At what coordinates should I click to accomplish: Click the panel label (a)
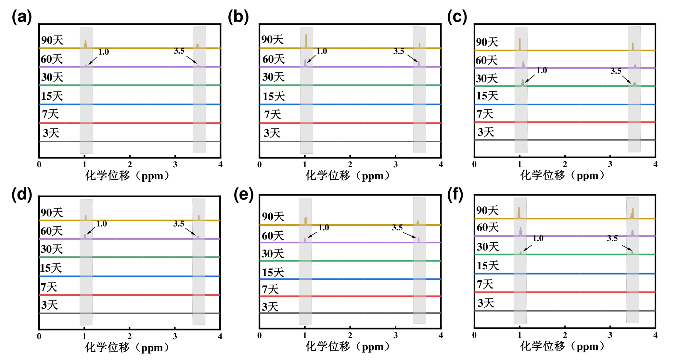pyautogui.click(x=22, y=17)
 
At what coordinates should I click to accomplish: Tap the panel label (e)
pyautogui.click(x=243, y=195)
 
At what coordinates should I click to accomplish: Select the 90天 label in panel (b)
pyautogui.click(x=272, y=40)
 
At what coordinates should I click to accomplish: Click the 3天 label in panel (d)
pyautogui.click(x=50, y=305)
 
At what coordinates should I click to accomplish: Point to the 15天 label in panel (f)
pyautogui.click(x=487, y=266)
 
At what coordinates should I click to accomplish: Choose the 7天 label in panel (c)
pyautogui.click(x=485, y=114)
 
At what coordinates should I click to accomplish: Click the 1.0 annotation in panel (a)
pyautogui.click(x=104, y=52)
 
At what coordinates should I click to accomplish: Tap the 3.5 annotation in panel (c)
pyautogui.click(x=616, y=71)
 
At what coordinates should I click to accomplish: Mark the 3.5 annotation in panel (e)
pyautogui.click(x=397, y=228)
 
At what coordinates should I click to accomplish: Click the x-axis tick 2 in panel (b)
pyautogui.click(x=350, y=164)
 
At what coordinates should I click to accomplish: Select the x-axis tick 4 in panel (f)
pyautogui.click(x=655, y=335)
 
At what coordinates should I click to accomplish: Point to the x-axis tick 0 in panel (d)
pyautogui.click(x=39, y=336)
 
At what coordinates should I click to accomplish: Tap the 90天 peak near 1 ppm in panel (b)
pyautogui.click(x=306, y=41)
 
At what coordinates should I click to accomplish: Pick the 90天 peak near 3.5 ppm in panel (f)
pyautogui.click(x=633, y=213)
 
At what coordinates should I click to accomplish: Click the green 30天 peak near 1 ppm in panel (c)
pyautogui.click(x=523, y=83)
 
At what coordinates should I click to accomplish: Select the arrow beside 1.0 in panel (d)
pyautogui.click(x=91, y=230)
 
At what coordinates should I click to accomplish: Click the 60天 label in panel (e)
pyautogui.click(x=273, y=236)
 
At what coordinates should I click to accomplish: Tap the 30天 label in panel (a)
pyautogui.click(x=52, y=77)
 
